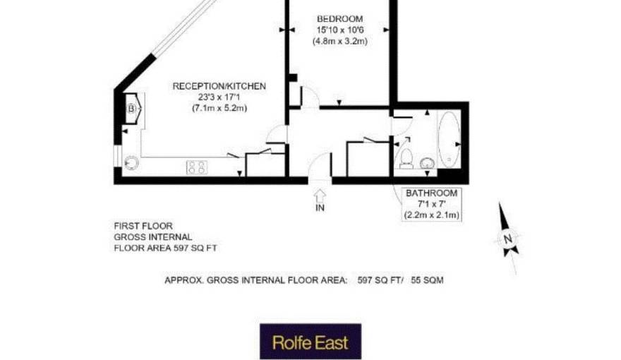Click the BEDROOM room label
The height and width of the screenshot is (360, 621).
339,18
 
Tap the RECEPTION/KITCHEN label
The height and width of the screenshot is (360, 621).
219,86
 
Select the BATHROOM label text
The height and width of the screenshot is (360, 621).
430,193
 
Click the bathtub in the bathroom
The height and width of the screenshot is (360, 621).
448,138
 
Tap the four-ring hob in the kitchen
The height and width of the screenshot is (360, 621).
197,167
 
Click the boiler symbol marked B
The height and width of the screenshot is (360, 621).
132,109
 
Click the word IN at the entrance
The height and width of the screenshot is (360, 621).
320,209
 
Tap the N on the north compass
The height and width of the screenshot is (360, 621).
507,239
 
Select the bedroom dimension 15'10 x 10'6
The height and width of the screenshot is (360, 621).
339,30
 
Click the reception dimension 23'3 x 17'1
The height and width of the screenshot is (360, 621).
219,97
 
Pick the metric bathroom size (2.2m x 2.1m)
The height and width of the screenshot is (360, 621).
430,215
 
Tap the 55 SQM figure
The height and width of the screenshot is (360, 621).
427,280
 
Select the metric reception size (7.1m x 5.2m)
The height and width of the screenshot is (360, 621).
219,108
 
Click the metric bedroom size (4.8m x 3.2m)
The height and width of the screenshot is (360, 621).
339,41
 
